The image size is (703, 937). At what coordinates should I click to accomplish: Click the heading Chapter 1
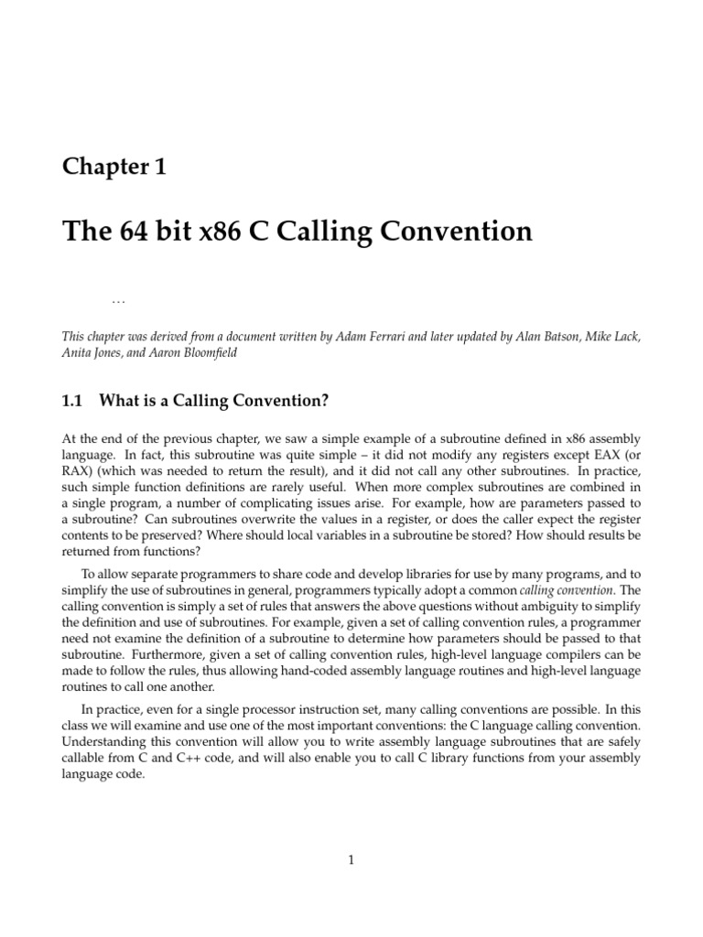tap(114, 167)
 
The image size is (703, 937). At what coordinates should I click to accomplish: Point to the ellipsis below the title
tap(117, 300)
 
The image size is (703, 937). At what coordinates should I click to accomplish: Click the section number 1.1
tap(72, 400)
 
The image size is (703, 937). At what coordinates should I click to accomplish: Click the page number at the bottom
tap(351, 859)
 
